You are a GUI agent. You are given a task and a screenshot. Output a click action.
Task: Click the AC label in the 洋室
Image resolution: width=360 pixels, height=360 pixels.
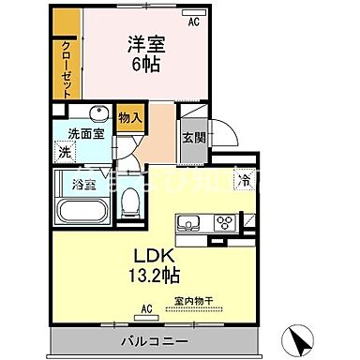194,22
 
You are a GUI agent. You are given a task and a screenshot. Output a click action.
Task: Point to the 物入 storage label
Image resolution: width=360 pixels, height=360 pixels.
129,117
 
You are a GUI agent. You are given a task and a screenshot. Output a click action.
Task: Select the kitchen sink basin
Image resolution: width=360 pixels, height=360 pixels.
187,223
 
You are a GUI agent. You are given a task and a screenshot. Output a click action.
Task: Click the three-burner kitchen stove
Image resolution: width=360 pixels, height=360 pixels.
225,223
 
